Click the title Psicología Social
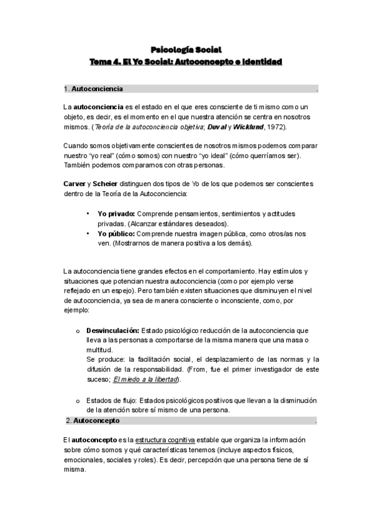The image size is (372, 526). [x=186, y=50]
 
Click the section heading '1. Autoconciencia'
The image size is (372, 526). [x=93, y=89]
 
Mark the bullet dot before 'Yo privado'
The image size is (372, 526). [x=88, y=213]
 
